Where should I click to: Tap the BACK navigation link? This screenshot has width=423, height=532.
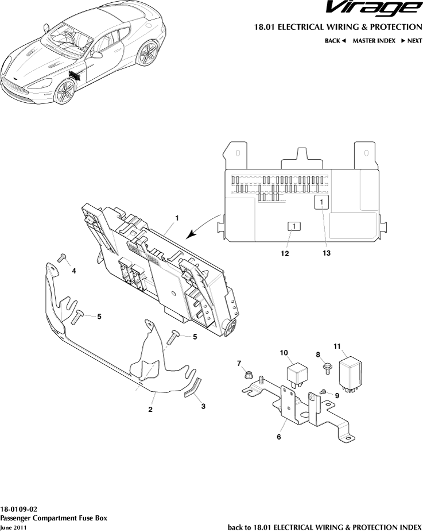(335, 41)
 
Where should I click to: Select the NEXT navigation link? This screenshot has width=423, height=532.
(412, 41)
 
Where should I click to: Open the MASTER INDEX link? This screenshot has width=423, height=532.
(374, 41)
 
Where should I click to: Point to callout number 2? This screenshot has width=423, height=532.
(150, 410)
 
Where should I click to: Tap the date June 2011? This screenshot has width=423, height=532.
(13, 527)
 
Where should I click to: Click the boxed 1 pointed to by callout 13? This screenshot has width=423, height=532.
(321, 202)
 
